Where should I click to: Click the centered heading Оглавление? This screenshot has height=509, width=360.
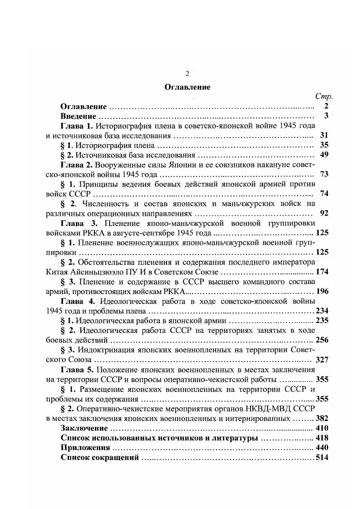coord(187,87)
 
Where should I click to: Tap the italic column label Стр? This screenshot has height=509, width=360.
coord(324,97)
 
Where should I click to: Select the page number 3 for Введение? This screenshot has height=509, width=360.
coord(326,116)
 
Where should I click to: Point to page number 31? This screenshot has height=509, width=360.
coord(324,135)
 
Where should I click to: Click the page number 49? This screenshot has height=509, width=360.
coord(324,155)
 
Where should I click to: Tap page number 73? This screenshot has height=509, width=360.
coord(324,174)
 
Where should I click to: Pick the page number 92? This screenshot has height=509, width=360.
coord(324,213)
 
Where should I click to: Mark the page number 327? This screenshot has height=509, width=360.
coord(321,360)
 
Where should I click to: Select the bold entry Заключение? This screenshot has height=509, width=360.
coord(84,428)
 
